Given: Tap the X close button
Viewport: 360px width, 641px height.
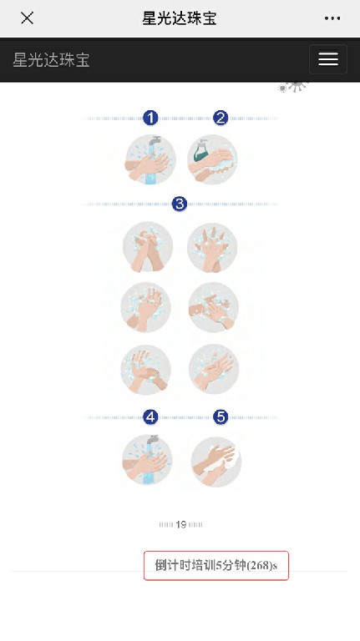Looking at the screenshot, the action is (x=27, y=18).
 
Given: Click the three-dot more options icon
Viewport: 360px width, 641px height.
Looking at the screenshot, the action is (x=332, y=18).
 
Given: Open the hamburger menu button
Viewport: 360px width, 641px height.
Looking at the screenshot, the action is (x=328, y=59).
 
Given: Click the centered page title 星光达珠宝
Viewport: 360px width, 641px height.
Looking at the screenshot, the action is (x=180, y=18).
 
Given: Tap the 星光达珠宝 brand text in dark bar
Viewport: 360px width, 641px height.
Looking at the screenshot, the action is (x=51, y=60).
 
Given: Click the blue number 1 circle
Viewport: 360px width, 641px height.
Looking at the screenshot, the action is (x=150, y=119).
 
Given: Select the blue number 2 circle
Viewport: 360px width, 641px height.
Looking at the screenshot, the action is (x=220, y=119).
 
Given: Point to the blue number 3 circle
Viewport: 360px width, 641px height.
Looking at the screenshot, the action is (x=180, y=204).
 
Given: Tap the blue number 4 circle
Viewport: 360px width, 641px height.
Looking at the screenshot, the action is (x=150, y=417).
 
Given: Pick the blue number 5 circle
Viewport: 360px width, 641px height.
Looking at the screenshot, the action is (x=221, y=417).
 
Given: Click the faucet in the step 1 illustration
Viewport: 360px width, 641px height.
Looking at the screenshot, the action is (x=155, y=141).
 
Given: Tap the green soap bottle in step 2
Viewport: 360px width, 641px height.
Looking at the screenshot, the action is (x=200, y=150).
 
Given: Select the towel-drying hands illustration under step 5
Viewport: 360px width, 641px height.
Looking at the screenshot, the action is (x=216, y=462).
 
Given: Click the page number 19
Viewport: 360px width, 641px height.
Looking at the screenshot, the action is (x=180, y=524).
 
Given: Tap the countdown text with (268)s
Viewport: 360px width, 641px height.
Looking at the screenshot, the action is (x=216, y=565).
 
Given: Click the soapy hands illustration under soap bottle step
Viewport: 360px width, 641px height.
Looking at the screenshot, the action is (x=212, y=160).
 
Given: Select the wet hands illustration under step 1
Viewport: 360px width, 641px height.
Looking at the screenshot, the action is (x=150, y=160).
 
